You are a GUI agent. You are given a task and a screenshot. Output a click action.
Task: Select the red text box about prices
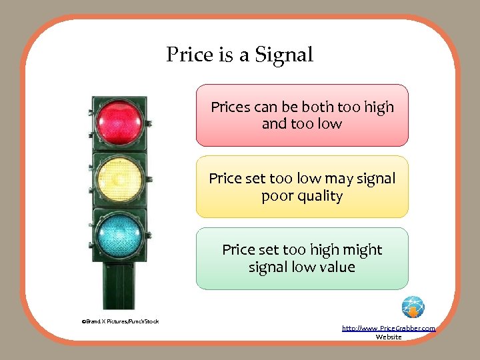click(301, 115)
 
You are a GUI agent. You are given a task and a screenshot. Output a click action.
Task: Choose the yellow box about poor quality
click(301, 187)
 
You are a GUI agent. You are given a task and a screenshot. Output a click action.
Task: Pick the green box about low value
click(301, 259)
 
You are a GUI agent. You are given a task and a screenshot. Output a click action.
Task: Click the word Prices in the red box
click(231, 107)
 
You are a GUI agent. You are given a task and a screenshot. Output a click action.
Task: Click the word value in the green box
click(337, 267)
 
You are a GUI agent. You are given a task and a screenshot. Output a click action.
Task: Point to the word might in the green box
click(364, 250)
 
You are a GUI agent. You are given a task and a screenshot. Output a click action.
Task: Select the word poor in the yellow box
click(276, 196)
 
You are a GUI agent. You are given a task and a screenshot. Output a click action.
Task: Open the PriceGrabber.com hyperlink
click(388, 329)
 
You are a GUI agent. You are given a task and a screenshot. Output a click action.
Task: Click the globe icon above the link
click(413, 307)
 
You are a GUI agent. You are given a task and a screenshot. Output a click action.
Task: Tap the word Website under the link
click(389, 337)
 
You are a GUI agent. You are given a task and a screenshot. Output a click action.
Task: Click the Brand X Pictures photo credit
click(120, 321)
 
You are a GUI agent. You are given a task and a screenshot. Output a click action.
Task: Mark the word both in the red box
click(319, 107)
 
